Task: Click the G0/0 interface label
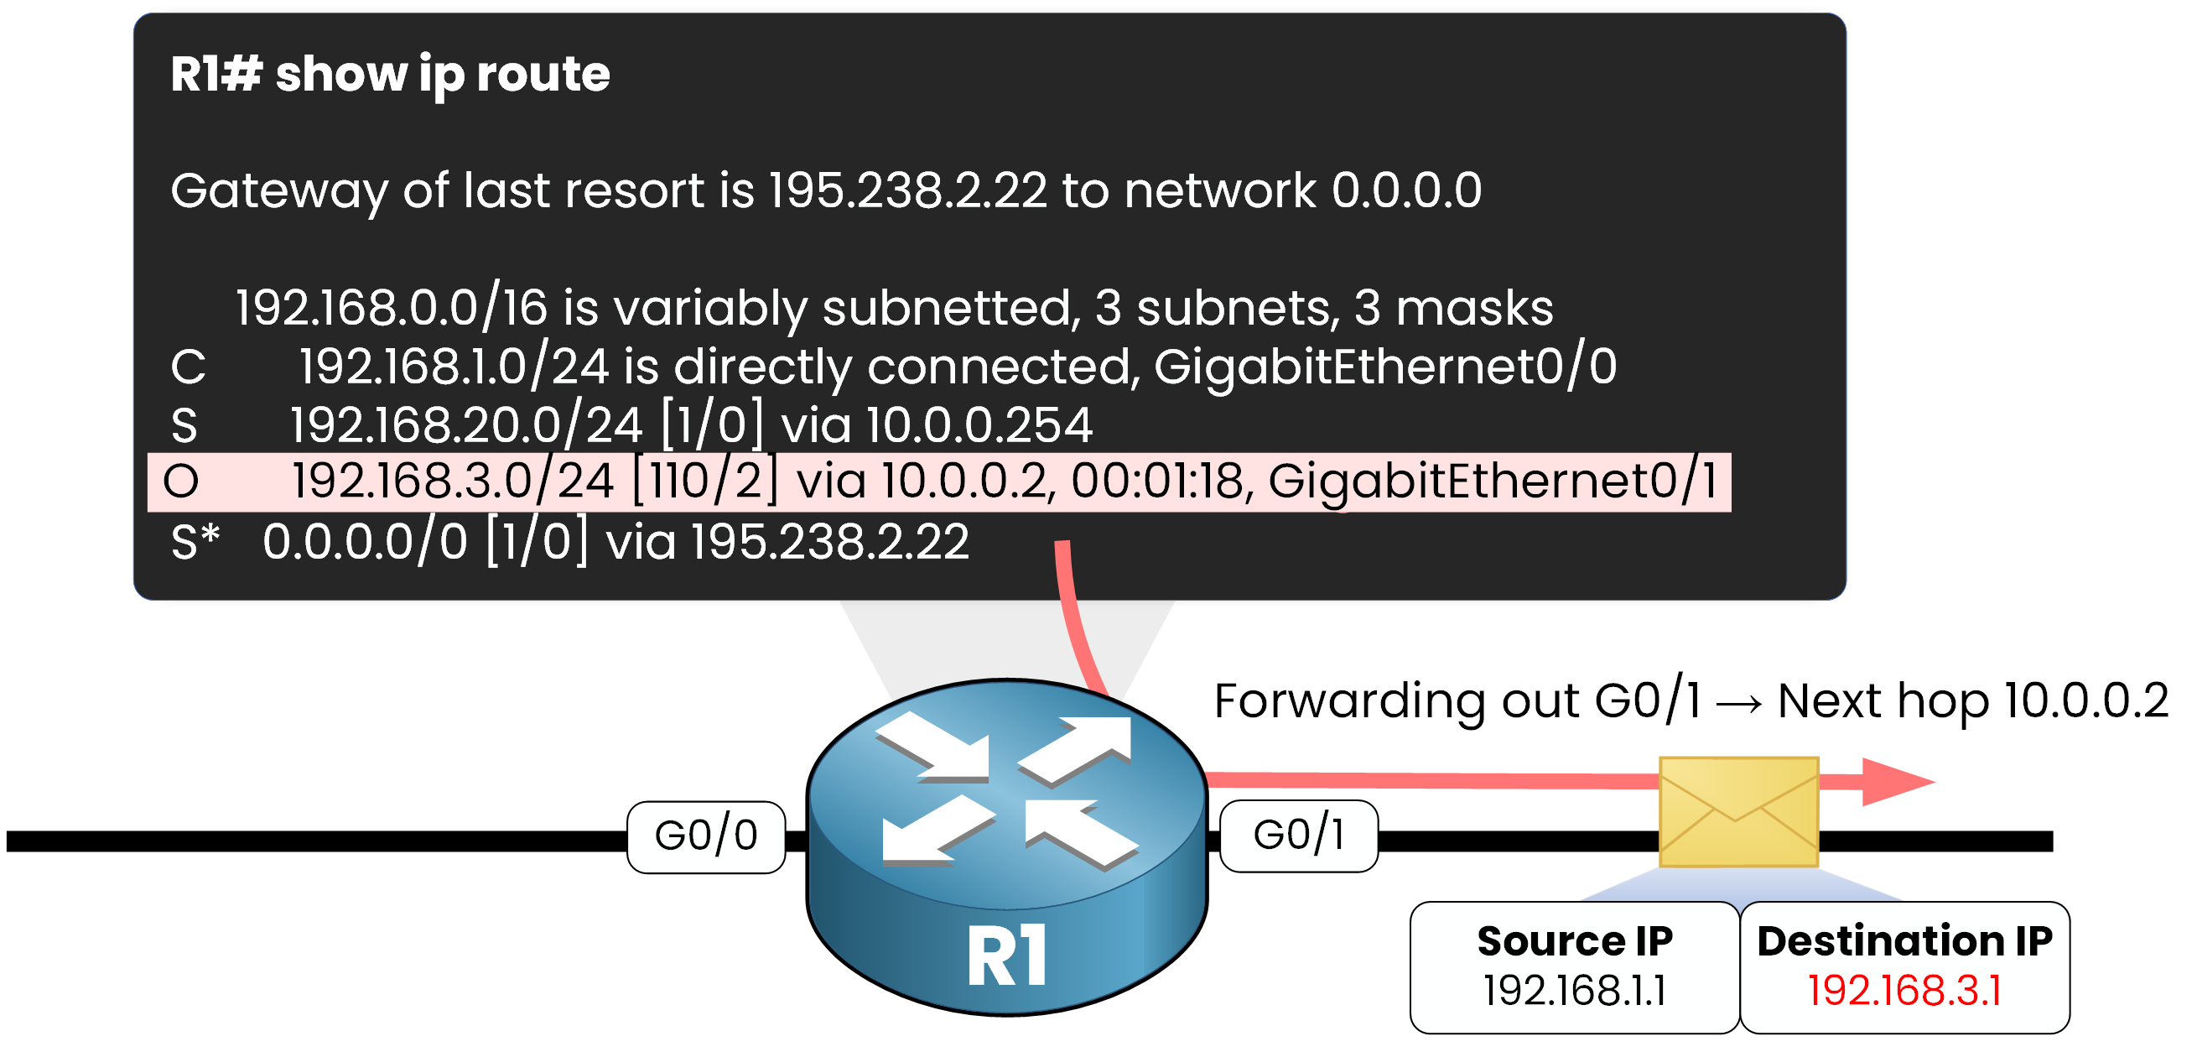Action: pyautogui.click(x=705, y=836)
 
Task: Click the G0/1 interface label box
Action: pyautogui.click(x=1298, y=836)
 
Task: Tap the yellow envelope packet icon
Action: pyautogui.click(x=1738, y=811)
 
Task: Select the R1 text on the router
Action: pyautogui.click(x=1006, y=955)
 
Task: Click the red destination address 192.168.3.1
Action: pyautogui.click(x=1904, y=991)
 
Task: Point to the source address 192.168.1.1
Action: pyautogui.click(x=1574, y=991)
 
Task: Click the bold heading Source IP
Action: pyautogui.click(x=1575, y=941)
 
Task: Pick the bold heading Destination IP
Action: pyautogui.click(x=1904, y=941)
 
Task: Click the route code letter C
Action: pyautogui.click(x=188, y=367)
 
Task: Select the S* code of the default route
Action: pyautogui.click(x=195, y=542)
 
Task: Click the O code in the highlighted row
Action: pyautogui.click(x=181, y=482)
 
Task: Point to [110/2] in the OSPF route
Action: pyautogui.click(x=705, y=482)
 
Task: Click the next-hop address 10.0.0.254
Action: pyautogui.click(x=979, y=424)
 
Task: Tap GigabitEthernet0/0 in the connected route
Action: pyautogui.click(x=1385, y=367)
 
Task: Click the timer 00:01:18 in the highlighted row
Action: pyautogui.click(x=1161, y=482)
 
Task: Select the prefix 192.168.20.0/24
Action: pyautogui.click(x=465, y=424)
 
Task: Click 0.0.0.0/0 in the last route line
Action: pyautogui.click(x=365, y=542)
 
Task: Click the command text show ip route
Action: pyautogui.click(x=443, y=74)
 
